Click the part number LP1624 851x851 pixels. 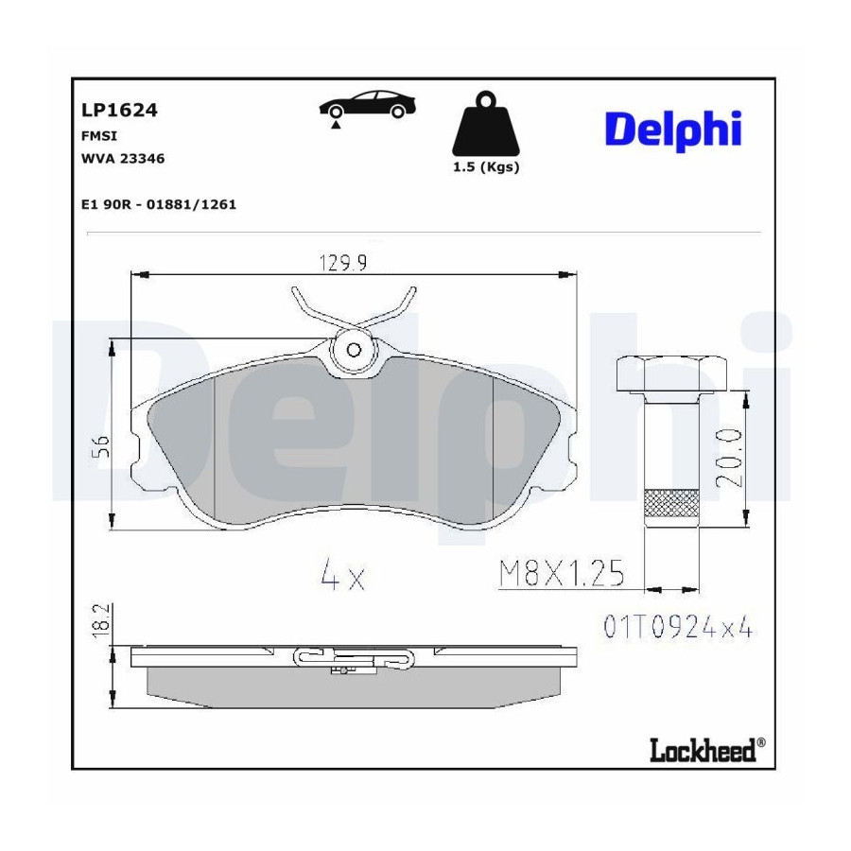click(x=119, y=111)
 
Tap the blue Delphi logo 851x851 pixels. click(x=673, y=130)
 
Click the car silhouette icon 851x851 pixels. click(x=367, y=104)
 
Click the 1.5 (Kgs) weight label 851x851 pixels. click(x=486, y=167)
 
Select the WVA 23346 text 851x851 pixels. click(x=123, y=159)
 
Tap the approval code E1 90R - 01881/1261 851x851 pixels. click(x=159, y=204)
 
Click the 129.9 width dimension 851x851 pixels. click(x=343, y=263)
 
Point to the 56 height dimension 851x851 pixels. click(x=102, y=446)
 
